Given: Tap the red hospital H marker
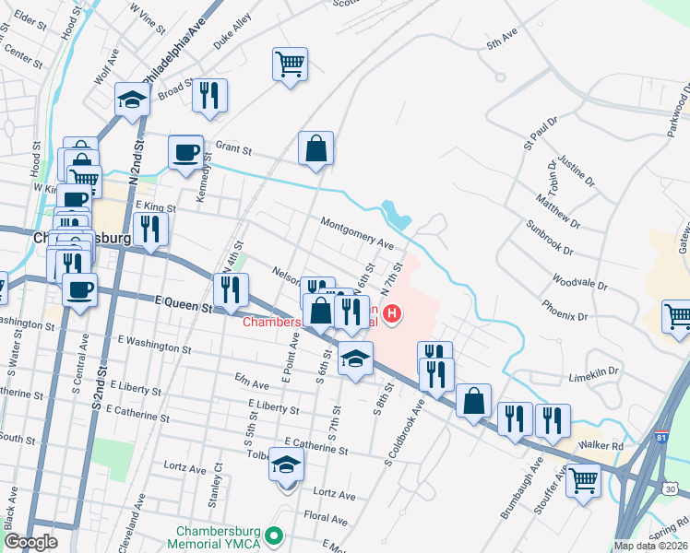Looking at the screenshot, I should (393, 315).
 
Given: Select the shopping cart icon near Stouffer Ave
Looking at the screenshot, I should (583, 479).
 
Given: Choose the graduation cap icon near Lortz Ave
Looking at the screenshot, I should (287, 467).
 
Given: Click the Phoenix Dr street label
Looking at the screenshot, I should (565, 310).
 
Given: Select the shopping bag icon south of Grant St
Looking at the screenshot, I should (315, 148).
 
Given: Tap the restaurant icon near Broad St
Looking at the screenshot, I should (210, 95).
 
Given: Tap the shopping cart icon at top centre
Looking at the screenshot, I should (290, 65).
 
